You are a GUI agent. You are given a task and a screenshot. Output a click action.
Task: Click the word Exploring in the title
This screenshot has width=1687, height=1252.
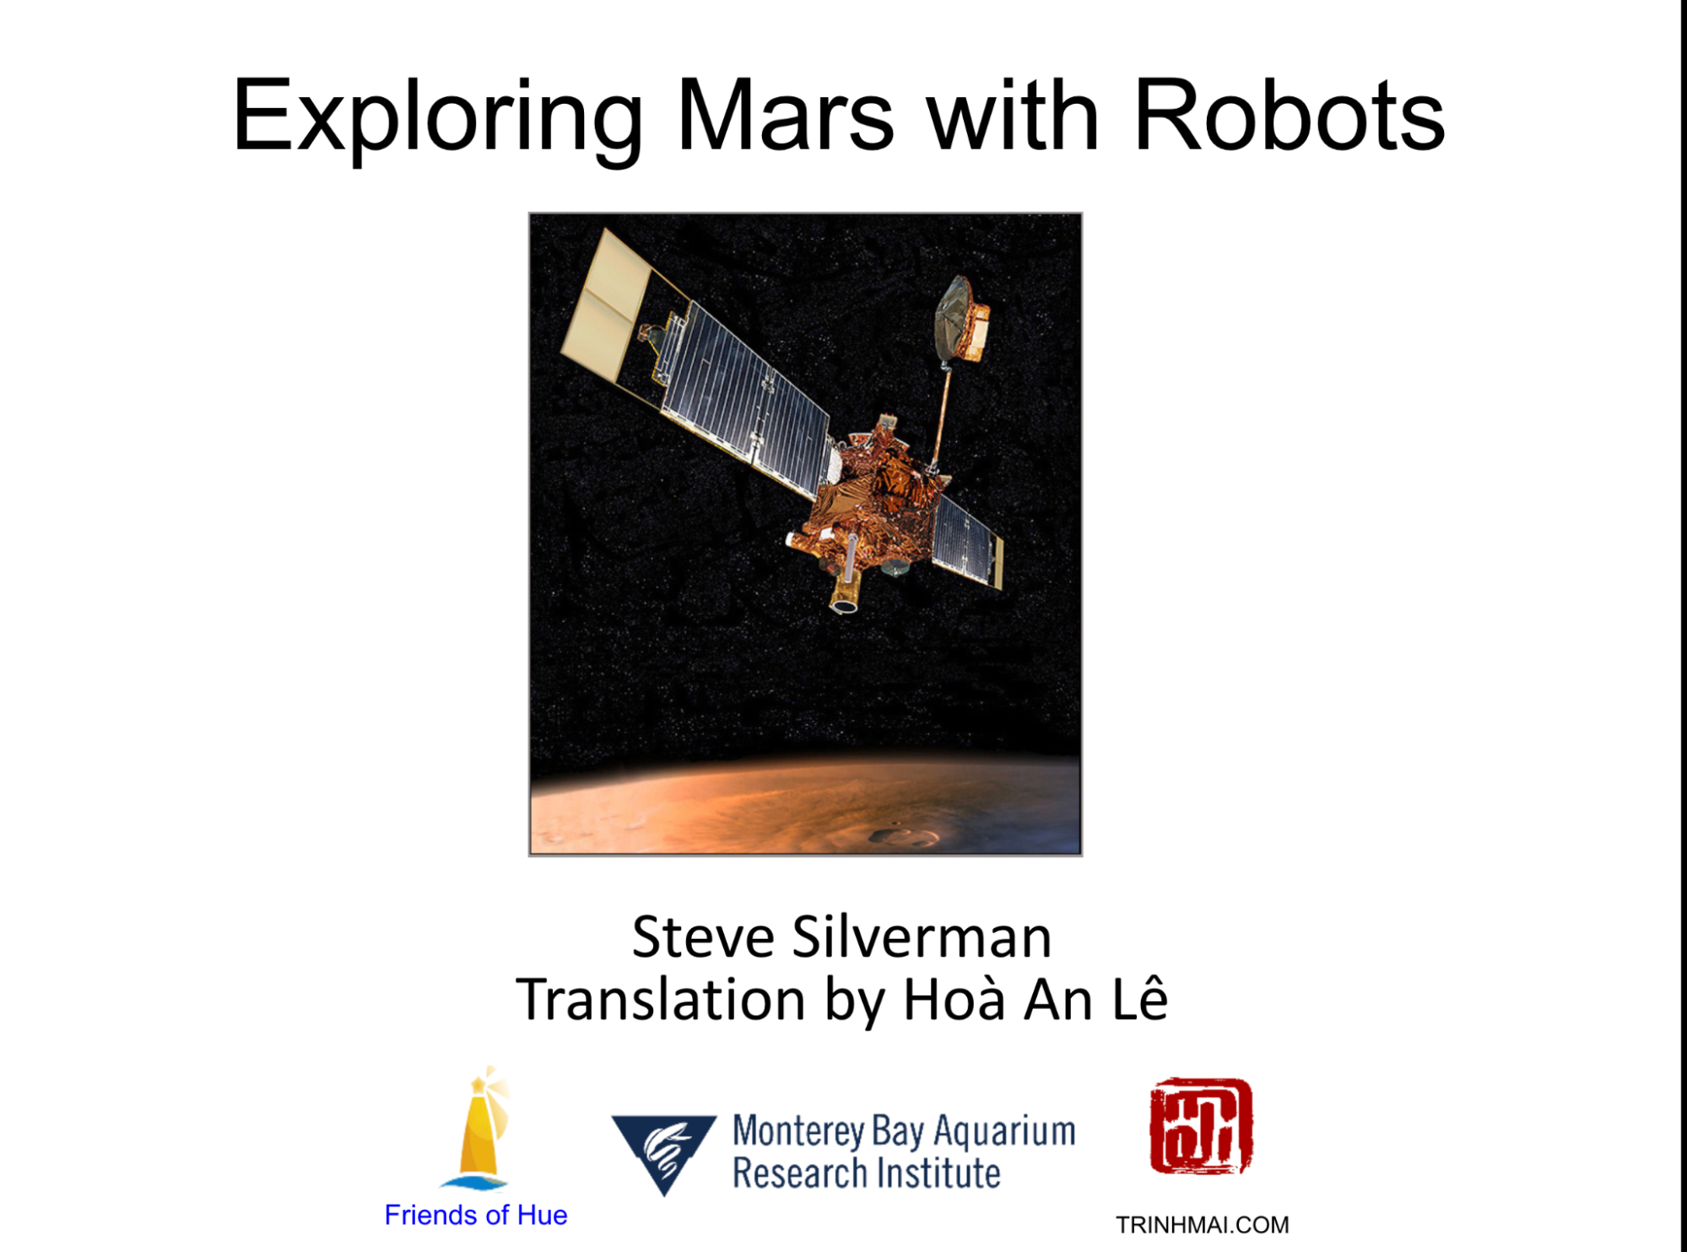438,117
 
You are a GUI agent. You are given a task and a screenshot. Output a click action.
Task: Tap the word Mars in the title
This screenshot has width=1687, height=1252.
785,116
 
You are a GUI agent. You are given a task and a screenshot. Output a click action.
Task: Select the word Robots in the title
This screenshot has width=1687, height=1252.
1290,116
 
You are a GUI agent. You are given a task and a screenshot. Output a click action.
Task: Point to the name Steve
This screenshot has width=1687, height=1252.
703,937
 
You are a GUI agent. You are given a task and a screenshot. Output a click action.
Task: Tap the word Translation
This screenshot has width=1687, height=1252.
661,1000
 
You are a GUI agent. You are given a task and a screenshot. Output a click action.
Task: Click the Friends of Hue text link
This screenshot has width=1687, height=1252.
475,1215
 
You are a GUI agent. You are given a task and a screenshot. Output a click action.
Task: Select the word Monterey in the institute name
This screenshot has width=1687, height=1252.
798,1132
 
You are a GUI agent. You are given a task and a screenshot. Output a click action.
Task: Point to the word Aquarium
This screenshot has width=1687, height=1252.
1004,1132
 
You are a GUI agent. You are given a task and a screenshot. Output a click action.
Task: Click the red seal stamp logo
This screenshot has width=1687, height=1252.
1201,1126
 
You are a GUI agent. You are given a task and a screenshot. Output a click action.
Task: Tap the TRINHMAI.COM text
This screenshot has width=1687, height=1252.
1202,1225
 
